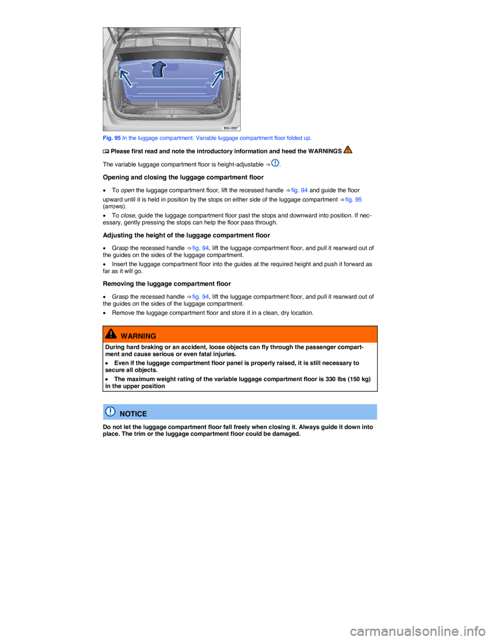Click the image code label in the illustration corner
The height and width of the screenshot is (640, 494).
(232, 128)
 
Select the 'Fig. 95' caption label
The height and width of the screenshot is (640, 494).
(112, 138)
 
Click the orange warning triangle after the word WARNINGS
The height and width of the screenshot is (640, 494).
(347, 150)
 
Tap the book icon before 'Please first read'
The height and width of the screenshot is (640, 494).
(106, 151)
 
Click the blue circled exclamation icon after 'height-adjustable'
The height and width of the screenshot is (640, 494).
(275, 163)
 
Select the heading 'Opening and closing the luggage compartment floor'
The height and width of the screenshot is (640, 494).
(183, 177)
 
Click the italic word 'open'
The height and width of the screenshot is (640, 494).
(128, 190)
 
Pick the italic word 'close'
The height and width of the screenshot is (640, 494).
(128, 215)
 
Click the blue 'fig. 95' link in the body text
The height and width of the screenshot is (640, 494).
(354, 199)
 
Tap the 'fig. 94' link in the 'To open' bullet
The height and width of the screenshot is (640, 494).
(299, 190)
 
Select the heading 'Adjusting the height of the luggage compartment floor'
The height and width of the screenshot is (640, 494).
(186, 235)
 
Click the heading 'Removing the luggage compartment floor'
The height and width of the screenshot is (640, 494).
(167, 283)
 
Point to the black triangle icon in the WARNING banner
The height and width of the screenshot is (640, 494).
(111, 334)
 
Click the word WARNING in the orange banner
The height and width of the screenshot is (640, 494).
(138, 336)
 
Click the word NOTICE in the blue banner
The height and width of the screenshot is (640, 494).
(133, 414)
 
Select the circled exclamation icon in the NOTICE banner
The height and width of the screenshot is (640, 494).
(110, 411)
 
